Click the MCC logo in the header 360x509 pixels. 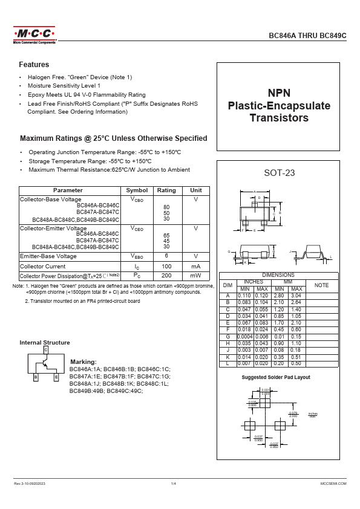coord(34,34)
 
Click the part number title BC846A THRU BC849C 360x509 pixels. coord(307,36)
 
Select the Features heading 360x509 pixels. coord(34,65)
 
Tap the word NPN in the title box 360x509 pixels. coord(279,93)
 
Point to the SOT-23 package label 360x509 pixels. coord(279,173)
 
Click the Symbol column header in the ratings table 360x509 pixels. coord(137,190)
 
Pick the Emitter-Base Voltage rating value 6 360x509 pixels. coord(166,256)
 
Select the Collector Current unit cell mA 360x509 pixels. coord(195,266)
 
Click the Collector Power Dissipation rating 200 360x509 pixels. coord(166,275)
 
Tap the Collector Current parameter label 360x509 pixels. coord(42,266)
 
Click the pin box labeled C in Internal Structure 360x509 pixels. coord(45,350)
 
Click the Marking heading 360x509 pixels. coord(83,361)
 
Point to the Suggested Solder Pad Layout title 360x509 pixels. coord(276,377)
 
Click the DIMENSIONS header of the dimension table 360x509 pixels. coord(278,275)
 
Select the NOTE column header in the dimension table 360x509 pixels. coord(321,284)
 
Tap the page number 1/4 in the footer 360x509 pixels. coord(174,484)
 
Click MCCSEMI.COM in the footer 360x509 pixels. coord(333,484)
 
